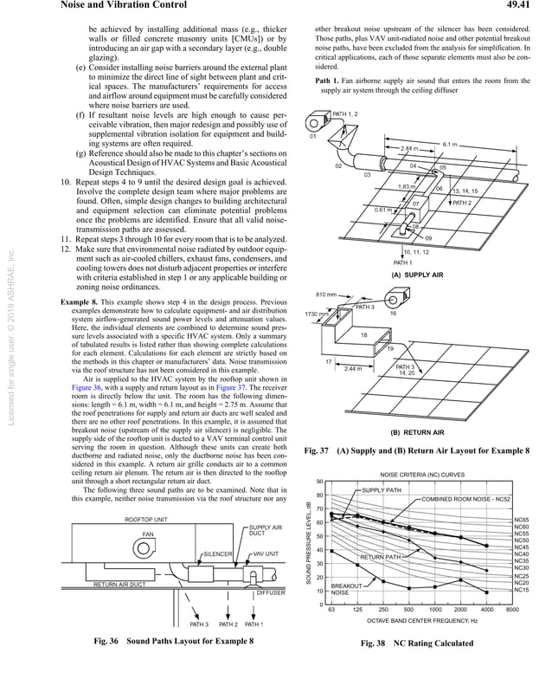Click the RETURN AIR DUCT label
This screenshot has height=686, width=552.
point(119,585)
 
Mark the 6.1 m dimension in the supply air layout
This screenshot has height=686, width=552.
point(449,144)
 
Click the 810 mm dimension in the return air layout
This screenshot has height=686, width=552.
point(327,296)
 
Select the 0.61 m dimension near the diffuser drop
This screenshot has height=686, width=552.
point(383,209)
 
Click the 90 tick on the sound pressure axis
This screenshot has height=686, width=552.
point(319,482)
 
